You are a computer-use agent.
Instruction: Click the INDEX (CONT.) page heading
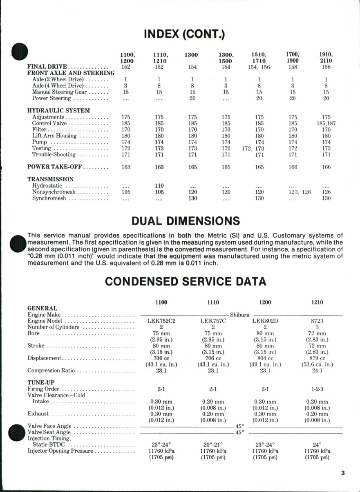coord(184,34)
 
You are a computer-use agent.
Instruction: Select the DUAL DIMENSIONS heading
coord(186,221)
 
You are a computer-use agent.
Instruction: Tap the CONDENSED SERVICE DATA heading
coord(186,281)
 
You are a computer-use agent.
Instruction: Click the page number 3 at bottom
coord(343,473)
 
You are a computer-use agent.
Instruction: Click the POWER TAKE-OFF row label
coord(53,167)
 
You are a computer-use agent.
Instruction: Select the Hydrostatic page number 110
coord(159,186)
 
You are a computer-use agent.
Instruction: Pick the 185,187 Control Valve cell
coord(326,123)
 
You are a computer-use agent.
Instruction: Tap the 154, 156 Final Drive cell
coord(259,67)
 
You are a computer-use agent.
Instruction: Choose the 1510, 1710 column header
coord(259,58)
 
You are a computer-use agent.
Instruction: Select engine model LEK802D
coord(265,321)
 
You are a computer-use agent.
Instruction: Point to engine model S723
coord(317,321)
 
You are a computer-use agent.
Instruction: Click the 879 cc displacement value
coord(317,358)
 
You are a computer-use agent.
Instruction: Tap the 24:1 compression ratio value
coord(317,371)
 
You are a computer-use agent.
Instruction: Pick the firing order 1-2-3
coord(317,389)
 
